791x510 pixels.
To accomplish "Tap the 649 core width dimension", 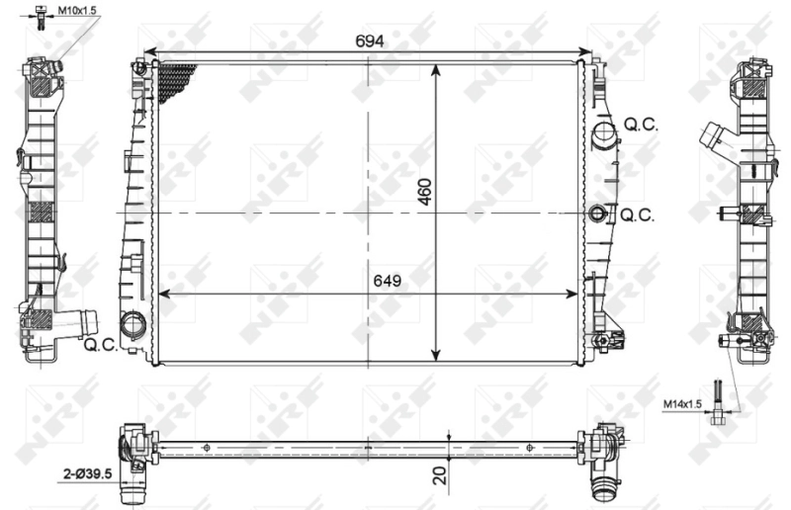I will (x=386, y=281).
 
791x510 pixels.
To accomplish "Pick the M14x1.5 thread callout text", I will (x=682, y=404).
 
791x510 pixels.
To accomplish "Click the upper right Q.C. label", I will (x=643, y=126).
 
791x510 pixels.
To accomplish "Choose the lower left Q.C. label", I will (x=101, y=345).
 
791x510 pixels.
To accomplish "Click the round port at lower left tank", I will (x=132, y=324).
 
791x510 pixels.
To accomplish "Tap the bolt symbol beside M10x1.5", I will (x=40, y=15).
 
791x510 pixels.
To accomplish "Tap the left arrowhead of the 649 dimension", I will (x=163, y=293).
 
